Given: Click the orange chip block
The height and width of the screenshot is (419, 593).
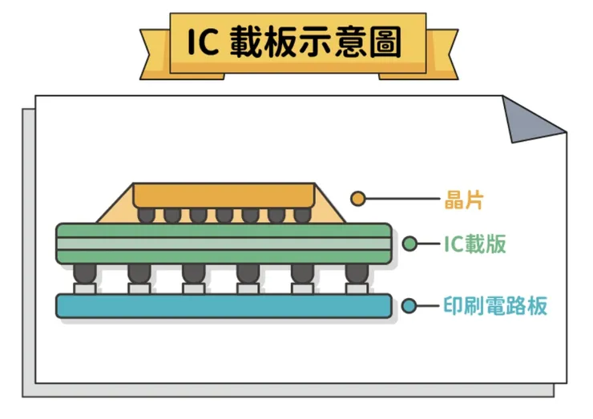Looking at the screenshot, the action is coord(224,195).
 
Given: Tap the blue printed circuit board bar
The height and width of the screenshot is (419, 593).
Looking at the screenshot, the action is coord(224,306).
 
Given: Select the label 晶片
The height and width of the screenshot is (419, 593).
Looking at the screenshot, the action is coord(464,199).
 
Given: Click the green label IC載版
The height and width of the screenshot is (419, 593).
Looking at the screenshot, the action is coord(475,244).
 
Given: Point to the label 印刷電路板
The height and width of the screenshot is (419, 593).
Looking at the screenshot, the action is coord(495,305).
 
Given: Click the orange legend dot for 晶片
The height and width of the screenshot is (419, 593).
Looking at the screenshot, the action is coord(357,199).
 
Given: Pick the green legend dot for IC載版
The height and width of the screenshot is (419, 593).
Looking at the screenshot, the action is coord(409,244).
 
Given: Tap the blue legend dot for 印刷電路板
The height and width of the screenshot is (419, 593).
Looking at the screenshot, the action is coord(409,305).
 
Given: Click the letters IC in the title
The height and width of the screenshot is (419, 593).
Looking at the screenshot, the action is coord(203,41).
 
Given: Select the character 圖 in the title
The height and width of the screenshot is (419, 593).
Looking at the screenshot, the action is coord(385,42).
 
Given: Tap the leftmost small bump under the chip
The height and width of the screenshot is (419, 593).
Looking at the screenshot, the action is coord(147,216).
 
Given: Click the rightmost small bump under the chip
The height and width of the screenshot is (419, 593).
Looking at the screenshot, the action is coord(303,216).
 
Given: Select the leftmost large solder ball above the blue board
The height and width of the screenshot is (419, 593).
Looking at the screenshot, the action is coord(85,273).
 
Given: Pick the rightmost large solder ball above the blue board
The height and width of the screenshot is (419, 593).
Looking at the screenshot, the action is coord(357,273).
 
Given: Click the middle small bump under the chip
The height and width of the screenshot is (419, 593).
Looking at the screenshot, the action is coord(224,216).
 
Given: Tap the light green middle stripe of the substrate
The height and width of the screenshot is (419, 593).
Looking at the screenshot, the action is coord(224,244).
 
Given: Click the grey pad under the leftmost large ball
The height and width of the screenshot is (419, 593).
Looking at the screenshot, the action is coord(85,289).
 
